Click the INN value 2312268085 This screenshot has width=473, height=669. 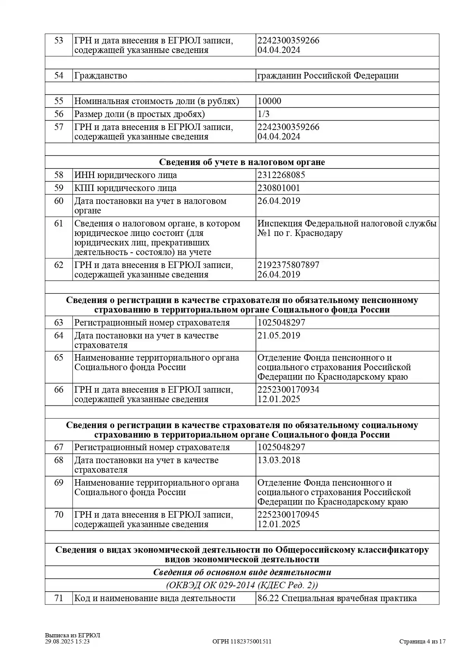281,175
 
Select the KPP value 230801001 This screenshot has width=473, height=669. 278,188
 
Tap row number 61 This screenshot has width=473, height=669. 59,224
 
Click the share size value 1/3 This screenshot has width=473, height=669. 263,114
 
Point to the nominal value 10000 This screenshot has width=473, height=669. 269,101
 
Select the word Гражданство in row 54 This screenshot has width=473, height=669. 101,75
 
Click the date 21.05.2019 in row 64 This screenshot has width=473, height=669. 278,336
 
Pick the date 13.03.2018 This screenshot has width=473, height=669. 278,460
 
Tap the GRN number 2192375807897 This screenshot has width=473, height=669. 288,265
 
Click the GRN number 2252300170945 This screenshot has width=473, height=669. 288,515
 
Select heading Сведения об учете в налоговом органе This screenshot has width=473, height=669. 242,162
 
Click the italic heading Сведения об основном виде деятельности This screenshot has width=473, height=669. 242,573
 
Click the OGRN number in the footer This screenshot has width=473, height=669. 242,642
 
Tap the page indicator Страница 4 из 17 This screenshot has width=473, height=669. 422,642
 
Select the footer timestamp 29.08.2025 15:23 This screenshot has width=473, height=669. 67,642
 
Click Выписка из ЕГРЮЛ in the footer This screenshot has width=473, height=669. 72,635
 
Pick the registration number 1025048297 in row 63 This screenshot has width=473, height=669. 281,323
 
